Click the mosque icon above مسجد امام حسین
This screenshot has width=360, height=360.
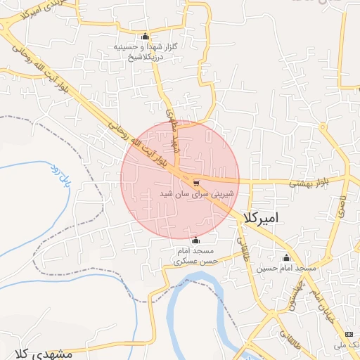[x=286, y=257]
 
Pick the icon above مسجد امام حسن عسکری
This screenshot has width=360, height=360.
[x=195, y=240]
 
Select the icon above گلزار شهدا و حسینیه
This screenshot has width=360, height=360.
[x=146, y=36]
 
